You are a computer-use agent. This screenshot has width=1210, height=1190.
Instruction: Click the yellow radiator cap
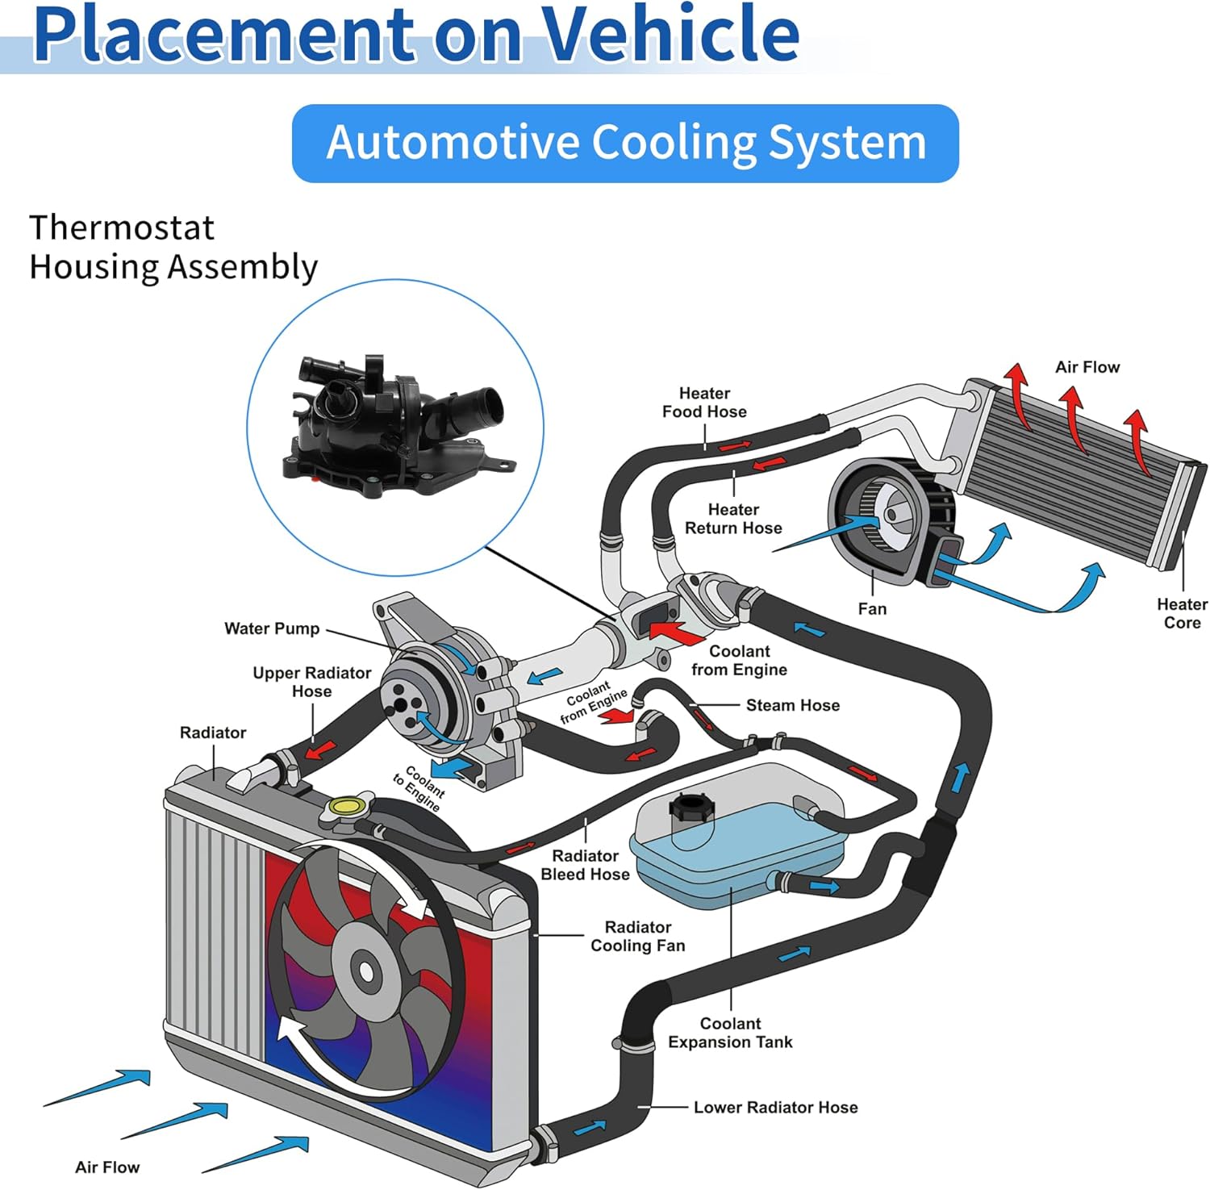pyautogui.click(x=348, y=805)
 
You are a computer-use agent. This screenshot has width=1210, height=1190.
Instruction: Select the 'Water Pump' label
pyautogui.click(x=272, y=628)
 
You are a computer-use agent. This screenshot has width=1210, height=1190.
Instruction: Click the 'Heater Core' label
pyautogui.click(x=1182, y=613)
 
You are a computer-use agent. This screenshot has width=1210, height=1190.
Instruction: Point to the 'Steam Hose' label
pyautogui.click(x=792, y=705)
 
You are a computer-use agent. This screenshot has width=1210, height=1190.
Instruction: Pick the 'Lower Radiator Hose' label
pyautogui.click(x=775, y=1107)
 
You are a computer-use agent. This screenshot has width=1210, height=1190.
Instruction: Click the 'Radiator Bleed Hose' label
pyautogui.click(x=585, y=865)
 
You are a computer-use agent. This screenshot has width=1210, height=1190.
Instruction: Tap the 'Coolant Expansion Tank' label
pyautogui.click(x=730, y=1033)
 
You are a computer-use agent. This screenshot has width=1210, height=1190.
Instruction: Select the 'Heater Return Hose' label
pyautogui.click(x=733, y=519)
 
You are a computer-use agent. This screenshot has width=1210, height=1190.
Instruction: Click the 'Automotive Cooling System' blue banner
pyautogui.click(x=625, y=143)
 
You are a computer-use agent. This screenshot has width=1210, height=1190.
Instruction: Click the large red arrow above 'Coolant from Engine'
pyautogui.click(x=676, y=632)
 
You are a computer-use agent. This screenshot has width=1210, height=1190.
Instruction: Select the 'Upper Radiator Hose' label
pyautogui.click(x=311, y=682)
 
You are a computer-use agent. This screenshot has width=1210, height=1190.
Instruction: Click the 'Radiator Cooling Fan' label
pyautogui.click(x=637, y=936)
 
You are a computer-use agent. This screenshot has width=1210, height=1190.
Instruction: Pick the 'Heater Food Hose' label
pyautogui.click(x=704, y=402)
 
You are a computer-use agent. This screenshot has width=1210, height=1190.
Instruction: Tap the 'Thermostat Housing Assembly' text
pyautogui.click(x=173, y=247)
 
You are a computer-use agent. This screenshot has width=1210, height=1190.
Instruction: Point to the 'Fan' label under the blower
pyautogui.click(x=872, y=609)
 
